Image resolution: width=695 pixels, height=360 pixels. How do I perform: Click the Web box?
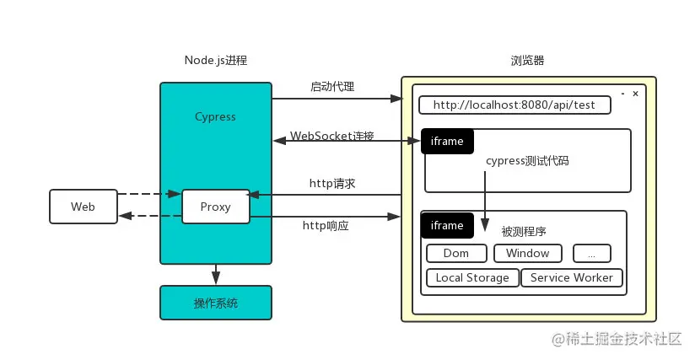tap(83, 207)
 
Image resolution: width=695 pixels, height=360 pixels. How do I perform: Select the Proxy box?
tap(216, 207)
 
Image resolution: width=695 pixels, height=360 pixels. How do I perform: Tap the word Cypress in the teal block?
tap(215, 116)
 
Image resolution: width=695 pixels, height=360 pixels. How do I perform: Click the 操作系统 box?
tap(216, 303)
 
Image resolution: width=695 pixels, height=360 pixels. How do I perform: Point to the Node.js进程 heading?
tap(216, 61)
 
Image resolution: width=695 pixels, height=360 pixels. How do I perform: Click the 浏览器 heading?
tap(528, 61)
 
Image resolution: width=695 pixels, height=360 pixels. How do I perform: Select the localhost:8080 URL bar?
tap(515, 105)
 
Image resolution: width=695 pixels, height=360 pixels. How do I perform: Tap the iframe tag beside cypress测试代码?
tap(447, 142)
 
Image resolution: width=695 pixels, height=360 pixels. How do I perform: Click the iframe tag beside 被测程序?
tap(447, 225)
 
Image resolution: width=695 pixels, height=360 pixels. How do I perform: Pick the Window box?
tap(527, 253)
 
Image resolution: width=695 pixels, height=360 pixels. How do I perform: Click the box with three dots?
tap(591, 253)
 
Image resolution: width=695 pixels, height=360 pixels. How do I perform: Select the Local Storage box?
tap(472, 277)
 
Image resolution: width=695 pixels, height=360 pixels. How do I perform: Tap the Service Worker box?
tap(572, 277)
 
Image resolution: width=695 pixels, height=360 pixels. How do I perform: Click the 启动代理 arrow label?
tap(332, 87)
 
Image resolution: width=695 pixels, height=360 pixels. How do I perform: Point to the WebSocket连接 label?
tap(332, 136)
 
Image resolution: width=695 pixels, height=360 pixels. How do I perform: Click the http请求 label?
tap(332, 183)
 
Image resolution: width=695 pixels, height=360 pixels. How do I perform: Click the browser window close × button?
tap(636, 93)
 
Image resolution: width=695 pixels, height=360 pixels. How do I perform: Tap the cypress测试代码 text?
tap(527, 161)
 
